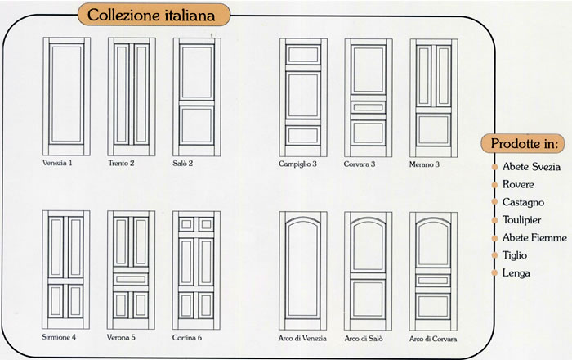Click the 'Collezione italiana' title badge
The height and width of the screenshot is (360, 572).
click(154, 15)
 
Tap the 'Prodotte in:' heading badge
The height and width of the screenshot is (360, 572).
click(524, 143)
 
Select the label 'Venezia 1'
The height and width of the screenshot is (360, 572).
click(57, 163)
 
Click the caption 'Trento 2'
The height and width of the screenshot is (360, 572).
click(121, 163)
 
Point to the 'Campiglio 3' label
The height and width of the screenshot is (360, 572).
click(297, 164)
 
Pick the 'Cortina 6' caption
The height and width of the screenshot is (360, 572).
click(187, 338)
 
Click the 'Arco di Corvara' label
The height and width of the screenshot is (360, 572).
click(433, 339)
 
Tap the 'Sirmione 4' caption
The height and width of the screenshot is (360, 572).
click(59, 337)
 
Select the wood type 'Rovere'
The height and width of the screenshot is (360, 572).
click(518, 184)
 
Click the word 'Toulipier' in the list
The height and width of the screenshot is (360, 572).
click(521, 220)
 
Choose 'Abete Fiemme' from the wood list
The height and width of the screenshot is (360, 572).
click(534, 238)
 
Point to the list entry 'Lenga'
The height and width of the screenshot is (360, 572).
click(516, 273)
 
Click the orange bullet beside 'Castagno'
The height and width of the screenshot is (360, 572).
click(494, 202)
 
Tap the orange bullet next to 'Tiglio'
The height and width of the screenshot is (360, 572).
click(494, 255)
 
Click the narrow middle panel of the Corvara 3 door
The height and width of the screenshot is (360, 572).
click(368, 107)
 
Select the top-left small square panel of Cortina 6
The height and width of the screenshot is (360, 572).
click(186, 224)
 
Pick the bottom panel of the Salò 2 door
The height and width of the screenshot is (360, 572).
click(196, 125)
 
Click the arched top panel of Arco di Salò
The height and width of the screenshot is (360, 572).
click(368, 245)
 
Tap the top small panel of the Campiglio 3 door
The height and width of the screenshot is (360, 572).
click(303, 55)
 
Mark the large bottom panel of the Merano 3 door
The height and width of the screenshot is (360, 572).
click(433, 129)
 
